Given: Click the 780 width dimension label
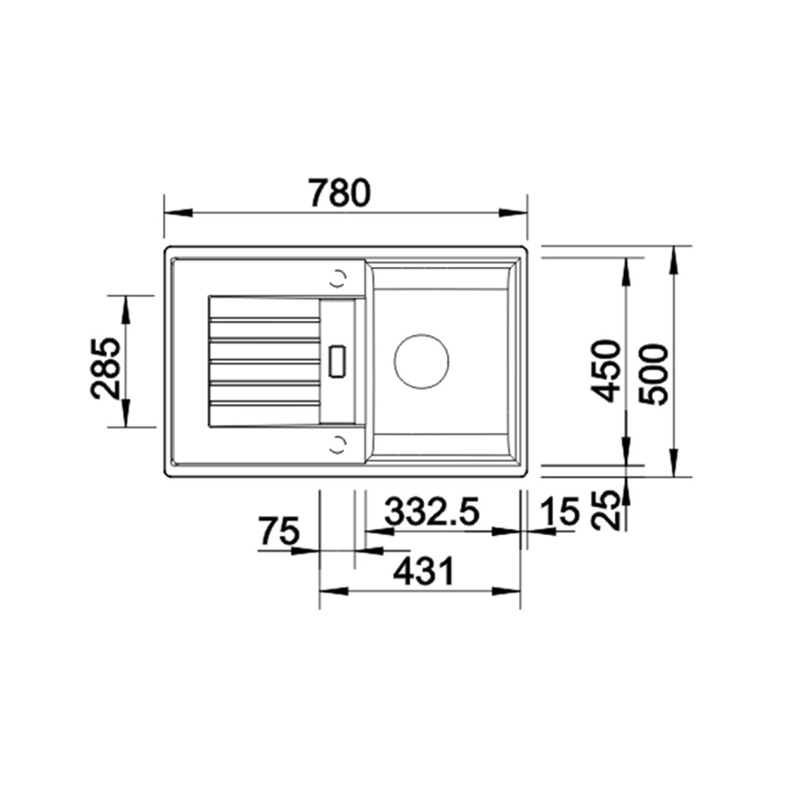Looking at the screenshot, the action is tap(340, 193).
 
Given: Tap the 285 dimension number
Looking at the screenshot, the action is tap(106, 367).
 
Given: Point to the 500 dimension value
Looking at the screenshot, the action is tap(653, 374).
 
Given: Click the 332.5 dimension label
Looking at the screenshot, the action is tap(431, 512).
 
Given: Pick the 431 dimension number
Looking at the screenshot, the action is tap(424, 571).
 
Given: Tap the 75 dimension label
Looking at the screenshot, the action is tap(279, 531).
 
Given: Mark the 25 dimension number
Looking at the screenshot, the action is tap(605, 510).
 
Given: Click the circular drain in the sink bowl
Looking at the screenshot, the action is tap(422, 361).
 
